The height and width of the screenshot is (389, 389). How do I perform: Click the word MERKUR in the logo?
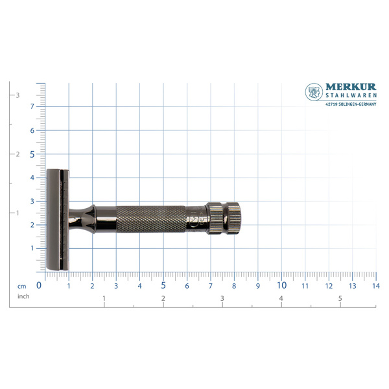pos(351,87)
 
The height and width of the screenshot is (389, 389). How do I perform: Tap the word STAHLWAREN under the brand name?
pos(351,95)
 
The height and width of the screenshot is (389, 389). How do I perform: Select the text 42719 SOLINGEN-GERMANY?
pos(351,104)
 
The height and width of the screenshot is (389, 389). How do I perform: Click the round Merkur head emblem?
pos(314,92)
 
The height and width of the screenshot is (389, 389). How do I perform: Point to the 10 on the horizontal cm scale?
pos(281,285)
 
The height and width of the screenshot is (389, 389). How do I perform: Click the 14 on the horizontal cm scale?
pos(376,286)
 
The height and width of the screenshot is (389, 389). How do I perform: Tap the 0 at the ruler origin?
pos(39,285)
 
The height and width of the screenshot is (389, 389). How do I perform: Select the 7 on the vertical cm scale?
pos(32,106)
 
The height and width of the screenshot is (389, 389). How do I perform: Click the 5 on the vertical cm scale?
pos(32,154)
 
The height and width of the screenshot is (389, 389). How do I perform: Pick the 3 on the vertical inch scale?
pos(18,95)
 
